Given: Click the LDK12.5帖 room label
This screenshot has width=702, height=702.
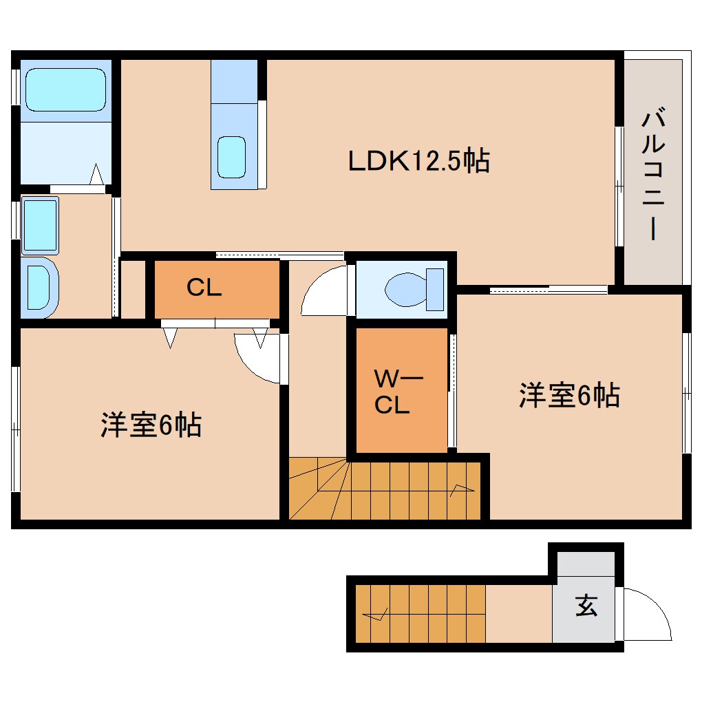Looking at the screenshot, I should [418, 161].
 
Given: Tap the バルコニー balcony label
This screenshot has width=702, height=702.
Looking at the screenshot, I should [652, 175].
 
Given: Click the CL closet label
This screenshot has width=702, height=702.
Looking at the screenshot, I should [204, 288].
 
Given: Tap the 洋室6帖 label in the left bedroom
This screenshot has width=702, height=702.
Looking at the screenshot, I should [151, 425].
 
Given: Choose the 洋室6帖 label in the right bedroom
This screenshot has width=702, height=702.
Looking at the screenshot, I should [568, 395].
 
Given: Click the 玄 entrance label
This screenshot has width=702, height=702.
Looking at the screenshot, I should [586, 606].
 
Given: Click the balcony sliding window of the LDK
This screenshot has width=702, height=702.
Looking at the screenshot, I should [619, 186].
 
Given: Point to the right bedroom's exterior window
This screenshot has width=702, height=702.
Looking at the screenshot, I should [686, 392].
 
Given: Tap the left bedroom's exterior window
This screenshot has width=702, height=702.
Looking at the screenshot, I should [15, 429].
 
